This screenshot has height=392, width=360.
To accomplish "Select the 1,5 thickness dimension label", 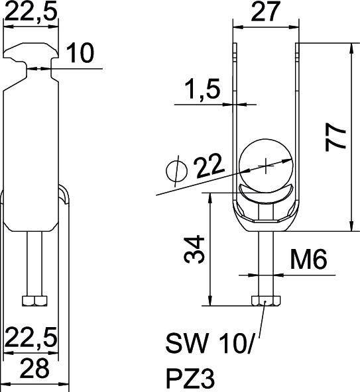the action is (202, 89).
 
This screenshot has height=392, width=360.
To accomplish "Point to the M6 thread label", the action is (308, 260).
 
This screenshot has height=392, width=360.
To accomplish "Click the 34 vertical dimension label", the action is (194, 249).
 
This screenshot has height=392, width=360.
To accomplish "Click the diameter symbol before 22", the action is (177, 171).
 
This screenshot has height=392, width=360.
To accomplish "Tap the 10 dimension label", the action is (81, 53).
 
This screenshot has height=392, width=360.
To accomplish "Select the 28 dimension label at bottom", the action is (34, 368).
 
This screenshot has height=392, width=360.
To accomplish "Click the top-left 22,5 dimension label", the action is (30, 11).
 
